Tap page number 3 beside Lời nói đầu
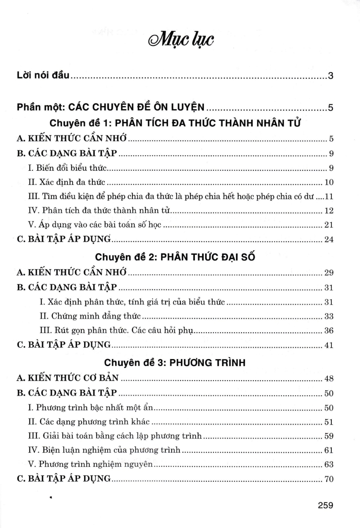[331, 76]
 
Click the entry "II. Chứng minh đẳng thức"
[90, 316]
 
